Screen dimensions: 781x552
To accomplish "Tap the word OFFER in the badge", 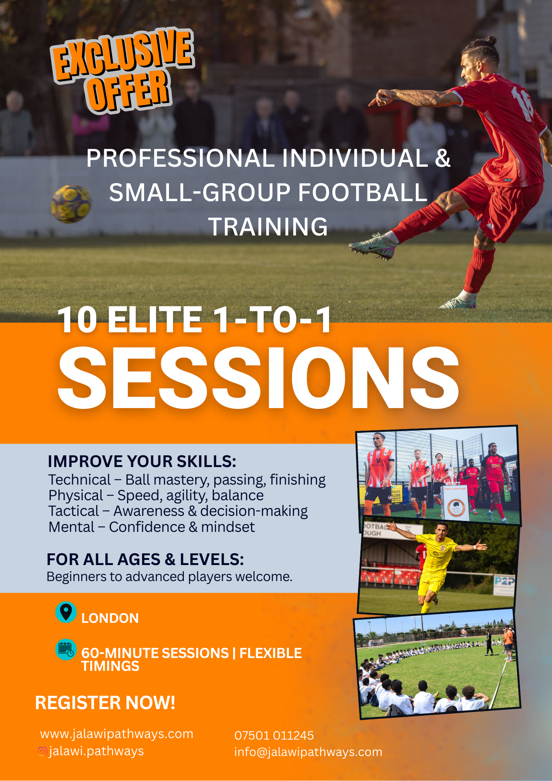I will click(129, 91).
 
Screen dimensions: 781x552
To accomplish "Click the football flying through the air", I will click(71, 204).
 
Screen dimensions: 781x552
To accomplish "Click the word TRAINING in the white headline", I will click(268, 227).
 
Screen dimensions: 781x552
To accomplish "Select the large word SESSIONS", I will click(258, 378).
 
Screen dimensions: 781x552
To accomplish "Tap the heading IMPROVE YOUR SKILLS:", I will click(142, 462).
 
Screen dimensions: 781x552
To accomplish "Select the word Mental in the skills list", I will click(71, 527).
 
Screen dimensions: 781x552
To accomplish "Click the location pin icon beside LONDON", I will click(66, 612).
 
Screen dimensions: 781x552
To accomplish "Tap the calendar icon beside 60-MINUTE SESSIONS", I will click(66, 649).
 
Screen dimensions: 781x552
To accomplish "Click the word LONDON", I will click(110, 618).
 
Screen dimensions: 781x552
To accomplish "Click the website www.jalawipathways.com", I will click(117, 734).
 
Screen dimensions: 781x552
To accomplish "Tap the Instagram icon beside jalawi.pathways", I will click(43, 751).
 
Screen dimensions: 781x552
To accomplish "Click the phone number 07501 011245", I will click(274, 736).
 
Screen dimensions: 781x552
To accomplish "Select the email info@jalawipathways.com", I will click(308, 752).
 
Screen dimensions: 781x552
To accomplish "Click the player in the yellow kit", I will click(435, 563).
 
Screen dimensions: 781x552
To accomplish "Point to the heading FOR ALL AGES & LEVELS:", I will click(145, 560).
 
